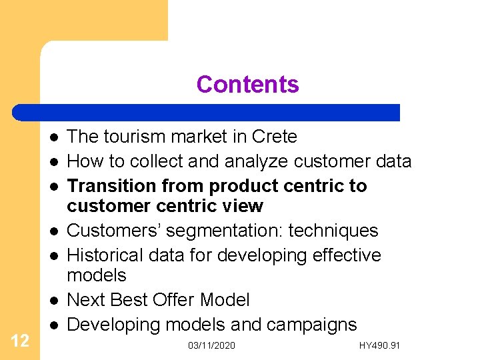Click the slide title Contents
pos(247,85)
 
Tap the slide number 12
pos(20,341)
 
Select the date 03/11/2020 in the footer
pos(211,345)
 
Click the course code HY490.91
pos(380,345)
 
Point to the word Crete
pos(275,137)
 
